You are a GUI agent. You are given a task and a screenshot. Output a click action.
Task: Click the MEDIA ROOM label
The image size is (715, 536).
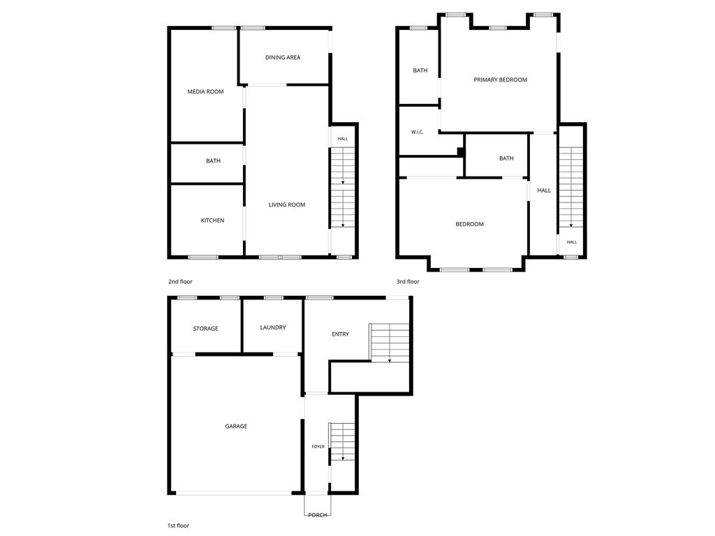[x=206, y=91]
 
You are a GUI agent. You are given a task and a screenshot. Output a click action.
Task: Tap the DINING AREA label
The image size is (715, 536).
[x=283, y=57]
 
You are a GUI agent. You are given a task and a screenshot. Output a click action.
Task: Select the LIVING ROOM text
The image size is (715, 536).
[x=287, y=204]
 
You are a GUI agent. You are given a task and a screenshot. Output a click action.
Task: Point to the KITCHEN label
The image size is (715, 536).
[x=212, y=221]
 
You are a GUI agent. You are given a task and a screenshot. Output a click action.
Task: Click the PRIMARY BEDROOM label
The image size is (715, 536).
[x=500, y=80]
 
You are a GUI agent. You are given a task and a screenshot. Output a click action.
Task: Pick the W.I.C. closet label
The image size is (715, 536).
[x=418, y=132]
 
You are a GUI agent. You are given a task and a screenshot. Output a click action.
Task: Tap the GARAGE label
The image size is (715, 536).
[x=236, y=426]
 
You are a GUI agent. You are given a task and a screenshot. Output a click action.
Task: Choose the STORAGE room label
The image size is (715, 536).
[x=206, y=329]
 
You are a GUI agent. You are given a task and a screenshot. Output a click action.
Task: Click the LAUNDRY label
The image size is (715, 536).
[x=273, y=328]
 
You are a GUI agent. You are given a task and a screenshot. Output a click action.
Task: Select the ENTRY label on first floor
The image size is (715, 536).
[x=340, y=334]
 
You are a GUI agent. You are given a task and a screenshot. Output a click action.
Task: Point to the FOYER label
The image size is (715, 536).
[x=318, y=447]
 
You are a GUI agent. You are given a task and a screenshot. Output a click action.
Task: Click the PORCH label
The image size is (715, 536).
[x=318, y=515]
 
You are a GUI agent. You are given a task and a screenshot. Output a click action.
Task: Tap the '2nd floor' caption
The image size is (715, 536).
[x=180, y=282]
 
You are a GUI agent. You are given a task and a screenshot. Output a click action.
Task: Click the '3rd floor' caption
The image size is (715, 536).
[x=408, y=282]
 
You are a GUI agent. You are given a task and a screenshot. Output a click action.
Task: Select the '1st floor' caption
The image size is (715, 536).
[x=178, y=526]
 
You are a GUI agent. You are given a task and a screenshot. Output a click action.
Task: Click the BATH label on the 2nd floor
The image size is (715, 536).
[x=213, y=161]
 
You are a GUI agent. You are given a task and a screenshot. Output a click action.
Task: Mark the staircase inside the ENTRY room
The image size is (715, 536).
[x=389, y=342]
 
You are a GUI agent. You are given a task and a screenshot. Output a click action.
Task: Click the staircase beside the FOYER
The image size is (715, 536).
[x=342, y=442]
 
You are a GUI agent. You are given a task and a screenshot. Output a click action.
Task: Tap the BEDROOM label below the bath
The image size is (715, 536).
[x=470, y=224]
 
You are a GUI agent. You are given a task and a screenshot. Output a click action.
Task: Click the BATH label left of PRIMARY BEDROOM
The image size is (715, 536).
[x=420, y=70]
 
